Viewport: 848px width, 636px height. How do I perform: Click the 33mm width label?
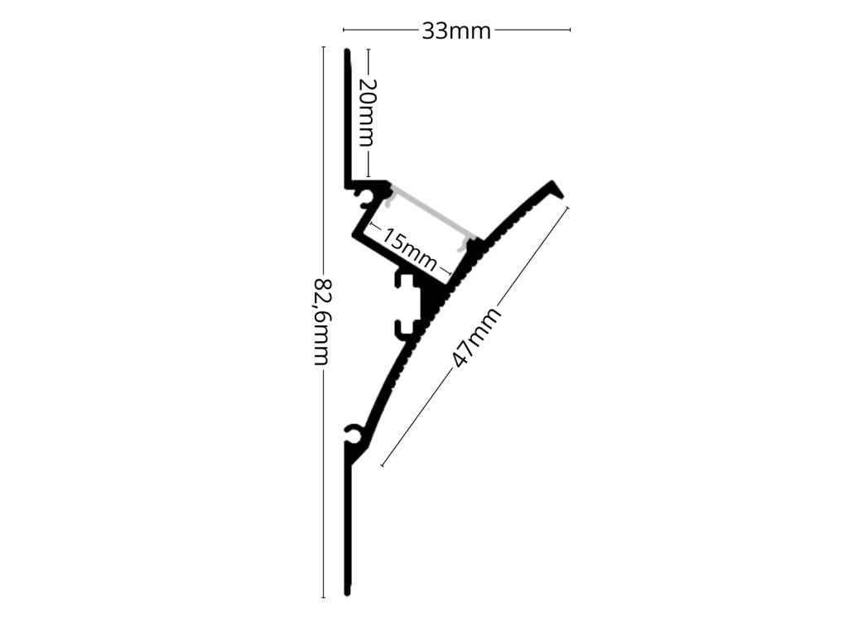[x=456, y=31]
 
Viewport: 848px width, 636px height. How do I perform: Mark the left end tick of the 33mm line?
[x=344, y=31]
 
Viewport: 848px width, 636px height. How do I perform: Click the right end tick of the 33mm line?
[x=570, y=31]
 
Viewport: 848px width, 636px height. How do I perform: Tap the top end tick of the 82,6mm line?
[x=323, y=48]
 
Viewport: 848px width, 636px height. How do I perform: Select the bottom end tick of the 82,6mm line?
[x=323, y=596]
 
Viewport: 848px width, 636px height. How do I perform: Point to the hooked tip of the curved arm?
[x=556, y=190]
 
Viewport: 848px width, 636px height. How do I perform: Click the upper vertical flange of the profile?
[x=349, y=116]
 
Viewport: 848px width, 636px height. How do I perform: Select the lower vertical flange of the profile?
[x=349, y=530]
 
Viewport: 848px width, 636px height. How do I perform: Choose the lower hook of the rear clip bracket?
[x=402, y=328]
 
